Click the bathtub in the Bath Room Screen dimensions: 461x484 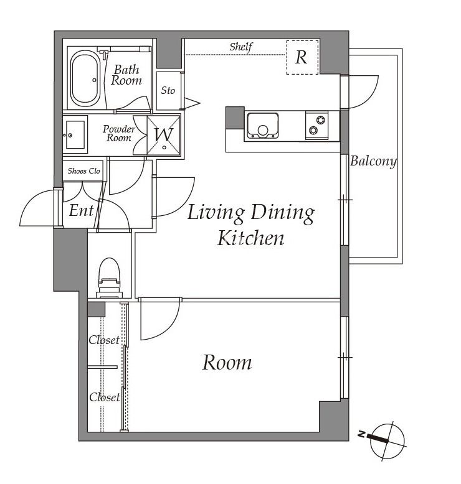[x=85, y=79]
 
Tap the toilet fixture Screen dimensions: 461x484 [x=109, y=278]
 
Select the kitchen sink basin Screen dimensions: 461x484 [x=262, y=126]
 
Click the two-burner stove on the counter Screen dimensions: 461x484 [x=316, y=125]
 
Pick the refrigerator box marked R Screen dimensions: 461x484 [x=302, y=57]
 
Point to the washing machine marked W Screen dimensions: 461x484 [x=164, y=135]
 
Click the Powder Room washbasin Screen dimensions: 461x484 [x=75, y=135]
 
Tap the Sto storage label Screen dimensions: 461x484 [x=168, y=90]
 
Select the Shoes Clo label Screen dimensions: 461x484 [x=84, y=170]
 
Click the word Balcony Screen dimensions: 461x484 [x=373, y=161]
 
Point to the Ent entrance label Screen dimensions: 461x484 [x=81, y=210]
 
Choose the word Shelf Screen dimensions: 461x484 [x=241, y=47]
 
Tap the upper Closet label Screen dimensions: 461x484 [x=104, y=340]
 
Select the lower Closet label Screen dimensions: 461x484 [x=105, y=397]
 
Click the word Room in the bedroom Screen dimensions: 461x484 [x=227, y=363]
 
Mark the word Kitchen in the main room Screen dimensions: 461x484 [x=250, y=238]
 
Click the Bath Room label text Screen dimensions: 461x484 [x=126, y=75]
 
